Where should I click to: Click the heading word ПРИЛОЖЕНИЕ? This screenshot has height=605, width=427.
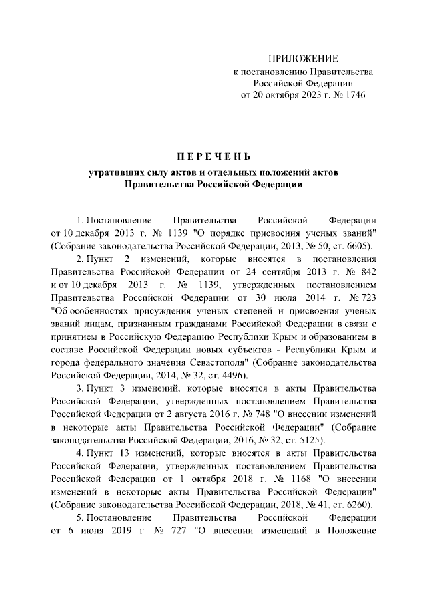(x=302, y=59)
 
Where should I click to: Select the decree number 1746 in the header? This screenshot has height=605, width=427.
(x=352, y=95)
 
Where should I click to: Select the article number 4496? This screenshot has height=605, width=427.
(x=231, y=375)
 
